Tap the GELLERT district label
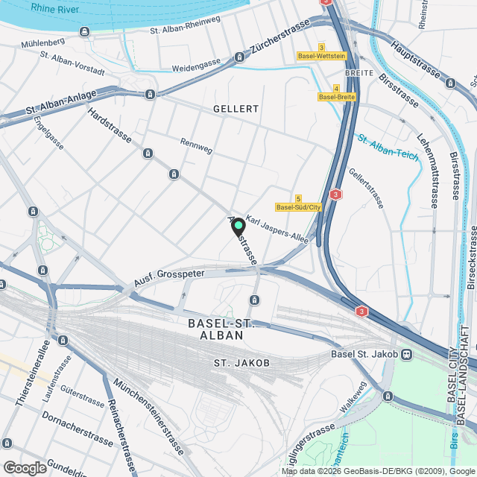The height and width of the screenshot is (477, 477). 236,109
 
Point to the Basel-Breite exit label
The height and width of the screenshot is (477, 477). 337,97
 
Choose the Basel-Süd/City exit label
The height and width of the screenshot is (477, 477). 298,207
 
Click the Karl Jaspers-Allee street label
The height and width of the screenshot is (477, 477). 277,230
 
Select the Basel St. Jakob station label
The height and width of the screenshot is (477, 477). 364,354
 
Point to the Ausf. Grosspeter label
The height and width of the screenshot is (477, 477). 159,277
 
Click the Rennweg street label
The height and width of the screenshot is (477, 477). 197,145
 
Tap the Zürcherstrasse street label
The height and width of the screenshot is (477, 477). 281,37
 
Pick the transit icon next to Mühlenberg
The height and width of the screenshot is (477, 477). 84,31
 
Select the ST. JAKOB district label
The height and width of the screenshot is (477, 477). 241,363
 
